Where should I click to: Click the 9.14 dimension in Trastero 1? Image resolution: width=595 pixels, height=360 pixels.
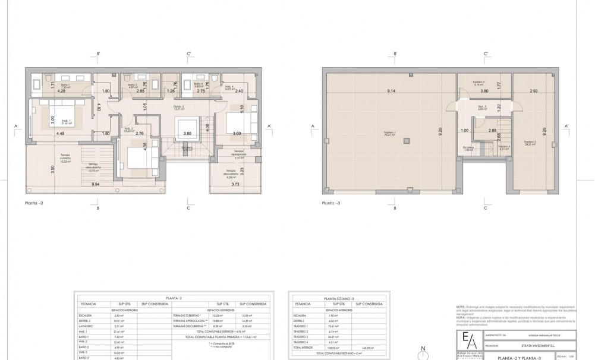(391, 91)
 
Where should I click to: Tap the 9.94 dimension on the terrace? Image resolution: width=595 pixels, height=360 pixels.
(95, 185)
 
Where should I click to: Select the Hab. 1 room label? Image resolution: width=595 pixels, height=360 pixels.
(65, 122)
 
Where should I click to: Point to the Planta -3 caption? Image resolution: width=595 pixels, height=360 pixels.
(332, 203)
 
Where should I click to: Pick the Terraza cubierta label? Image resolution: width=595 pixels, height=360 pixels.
(65, 157)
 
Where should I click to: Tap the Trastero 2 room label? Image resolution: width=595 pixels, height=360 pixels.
(478, 83)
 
